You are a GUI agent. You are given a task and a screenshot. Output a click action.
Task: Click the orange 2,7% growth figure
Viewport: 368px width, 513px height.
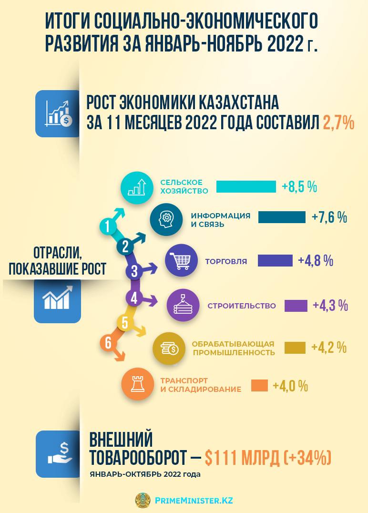(x=338, y=123)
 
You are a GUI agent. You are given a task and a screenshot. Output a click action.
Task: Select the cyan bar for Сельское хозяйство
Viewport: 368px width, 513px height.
(x=246, y=186)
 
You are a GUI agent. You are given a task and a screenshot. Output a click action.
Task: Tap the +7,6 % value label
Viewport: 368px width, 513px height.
(x=329, y=217)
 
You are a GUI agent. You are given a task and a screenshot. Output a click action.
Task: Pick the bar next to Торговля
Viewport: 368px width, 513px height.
(x=275, y=261)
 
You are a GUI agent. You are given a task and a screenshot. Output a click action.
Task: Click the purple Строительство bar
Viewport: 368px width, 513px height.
(x=296, y=306)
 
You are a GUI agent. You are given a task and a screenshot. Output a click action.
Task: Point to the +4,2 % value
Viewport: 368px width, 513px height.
(x=329, y=348)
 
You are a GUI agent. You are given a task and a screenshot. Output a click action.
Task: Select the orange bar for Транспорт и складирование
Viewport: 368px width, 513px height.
(x=259, y=385)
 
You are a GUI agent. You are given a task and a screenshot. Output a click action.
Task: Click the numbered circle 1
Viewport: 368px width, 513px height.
(x=109, y=226)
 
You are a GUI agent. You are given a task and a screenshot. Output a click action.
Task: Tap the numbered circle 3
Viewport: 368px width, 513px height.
(x=134, y=272)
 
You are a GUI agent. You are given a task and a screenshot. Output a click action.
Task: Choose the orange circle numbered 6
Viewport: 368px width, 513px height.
(x=109, y=343)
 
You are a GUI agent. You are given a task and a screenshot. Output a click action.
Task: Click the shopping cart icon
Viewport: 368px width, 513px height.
(x=181, y=261)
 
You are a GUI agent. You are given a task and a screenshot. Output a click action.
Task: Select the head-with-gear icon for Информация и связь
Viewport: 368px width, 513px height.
(x=166, y=219)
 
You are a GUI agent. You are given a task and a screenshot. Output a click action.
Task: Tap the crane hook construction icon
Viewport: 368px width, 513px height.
(x=183, y=305)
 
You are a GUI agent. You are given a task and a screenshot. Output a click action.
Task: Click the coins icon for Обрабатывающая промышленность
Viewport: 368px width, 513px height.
(x=169, y=349)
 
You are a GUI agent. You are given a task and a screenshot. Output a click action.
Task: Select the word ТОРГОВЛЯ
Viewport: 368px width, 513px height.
(x=226, y=261)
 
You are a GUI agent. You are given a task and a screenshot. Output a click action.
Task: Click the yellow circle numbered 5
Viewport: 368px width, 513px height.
(x=125, y=323)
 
